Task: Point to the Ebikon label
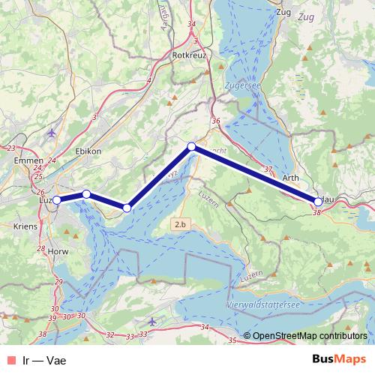88,151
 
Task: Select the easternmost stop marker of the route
318,201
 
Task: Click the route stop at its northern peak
191,146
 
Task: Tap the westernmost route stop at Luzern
56,200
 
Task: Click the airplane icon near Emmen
51,133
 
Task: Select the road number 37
268,169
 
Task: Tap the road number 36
216,121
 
